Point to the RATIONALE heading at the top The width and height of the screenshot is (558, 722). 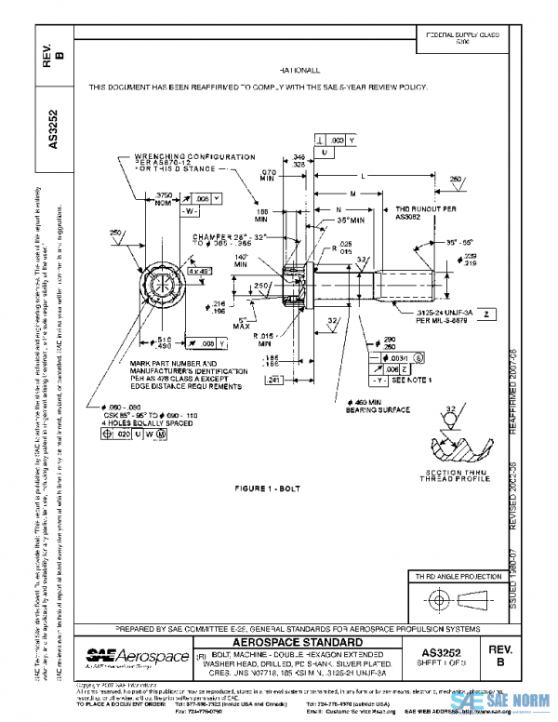point(298,70)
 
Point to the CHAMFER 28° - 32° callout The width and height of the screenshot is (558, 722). point(204,237)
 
